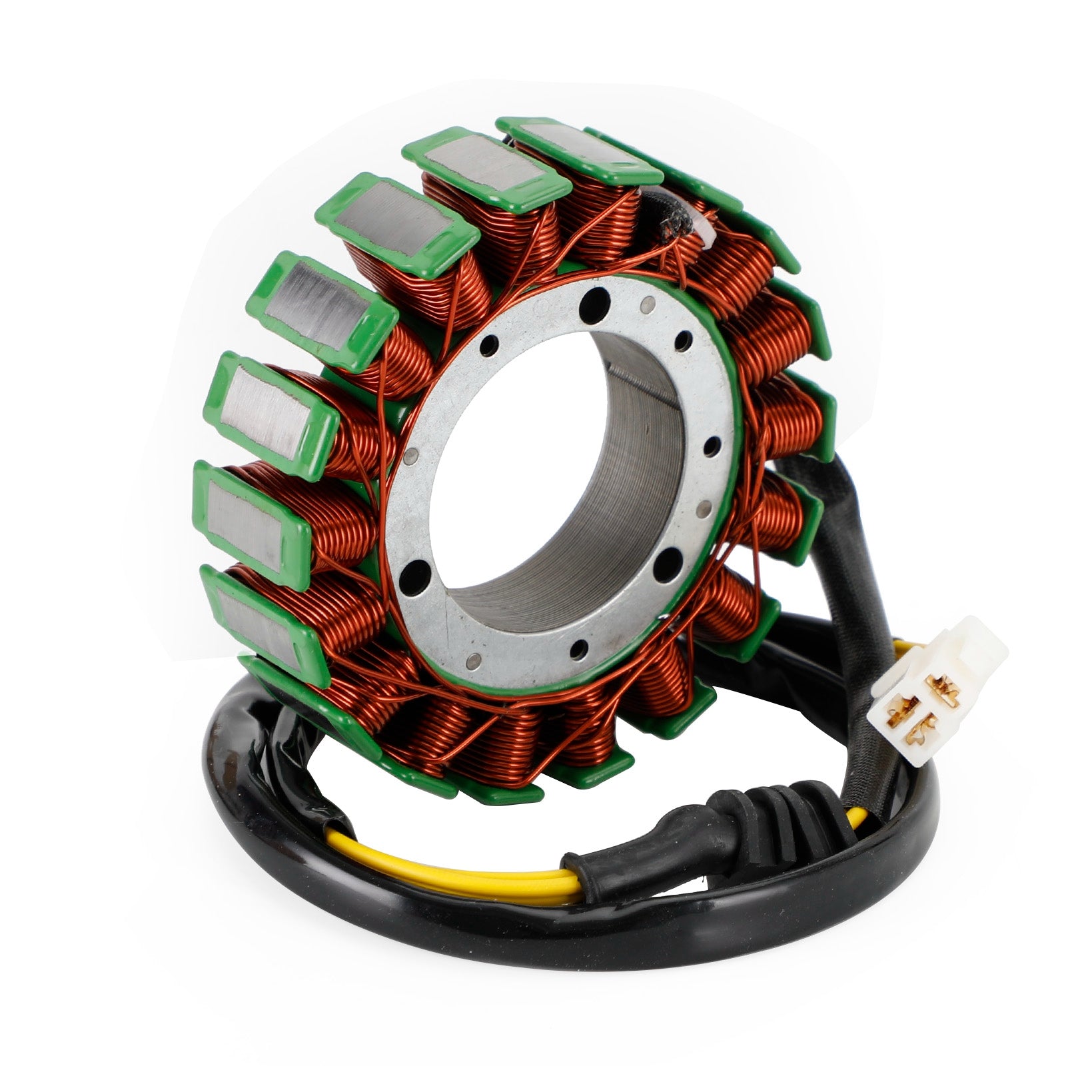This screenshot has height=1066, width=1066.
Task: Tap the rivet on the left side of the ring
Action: click(411, 459)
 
